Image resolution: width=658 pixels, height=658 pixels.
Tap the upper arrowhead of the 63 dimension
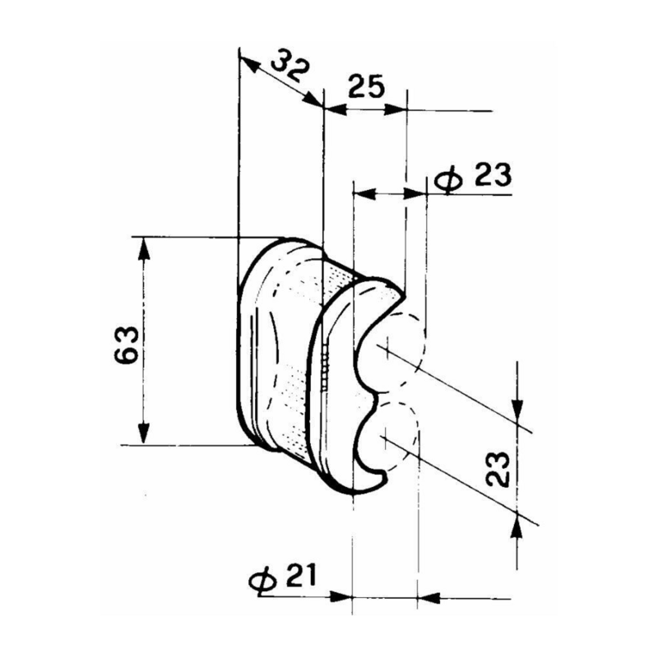[144, 247]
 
